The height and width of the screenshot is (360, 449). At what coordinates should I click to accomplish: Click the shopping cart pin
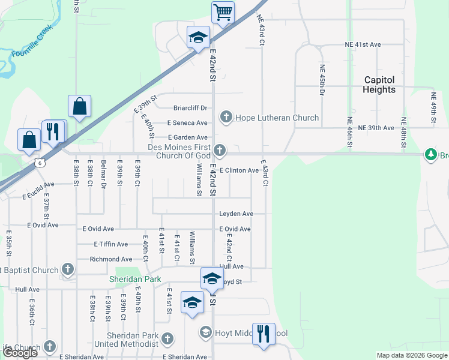(x=223, y=12)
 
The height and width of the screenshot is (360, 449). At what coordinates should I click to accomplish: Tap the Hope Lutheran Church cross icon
(x=226, y=116)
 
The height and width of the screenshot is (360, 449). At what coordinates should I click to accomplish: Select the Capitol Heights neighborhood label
(x=379, y=85)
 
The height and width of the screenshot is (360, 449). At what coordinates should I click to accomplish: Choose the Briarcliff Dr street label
(x=190, y=108)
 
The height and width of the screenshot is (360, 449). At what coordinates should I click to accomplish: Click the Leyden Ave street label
(x=236, y=214)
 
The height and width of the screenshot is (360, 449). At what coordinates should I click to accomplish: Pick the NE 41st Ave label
(x=363, y=44)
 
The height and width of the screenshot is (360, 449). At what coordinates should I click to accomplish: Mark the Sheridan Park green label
(x=127, y=279)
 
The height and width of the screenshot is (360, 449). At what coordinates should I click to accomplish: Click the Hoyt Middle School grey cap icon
(x=206, y=332)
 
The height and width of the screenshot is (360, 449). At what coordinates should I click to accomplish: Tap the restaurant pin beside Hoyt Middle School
(x=264, y=334)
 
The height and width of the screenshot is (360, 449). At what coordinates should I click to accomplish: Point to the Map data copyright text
(x=412, y=355)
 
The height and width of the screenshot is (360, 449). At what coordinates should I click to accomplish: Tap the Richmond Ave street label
(x=110, y=259)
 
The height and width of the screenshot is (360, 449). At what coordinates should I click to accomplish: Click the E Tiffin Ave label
(x=111, y=244)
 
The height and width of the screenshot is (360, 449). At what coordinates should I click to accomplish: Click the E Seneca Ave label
(x=187, y=123)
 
